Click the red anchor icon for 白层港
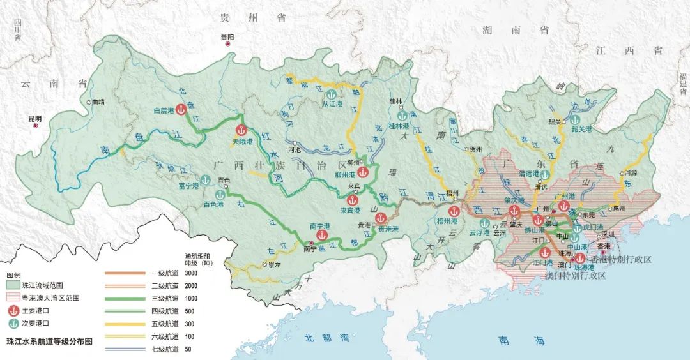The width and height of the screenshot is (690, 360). point(181,110)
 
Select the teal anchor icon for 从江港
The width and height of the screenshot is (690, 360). point(330,93)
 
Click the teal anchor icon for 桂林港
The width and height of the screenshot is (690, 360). point(402,117)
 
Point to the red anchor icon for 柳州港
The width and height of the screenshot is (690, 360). point(362,172)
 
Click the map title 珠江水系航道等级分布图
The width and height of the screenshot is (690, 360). point(49,341)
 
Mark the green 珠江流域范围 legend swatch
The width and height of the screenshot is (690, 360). point(12,285)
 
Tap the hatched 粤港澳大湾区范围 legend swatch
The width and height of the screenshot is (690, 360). point(12,297)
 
